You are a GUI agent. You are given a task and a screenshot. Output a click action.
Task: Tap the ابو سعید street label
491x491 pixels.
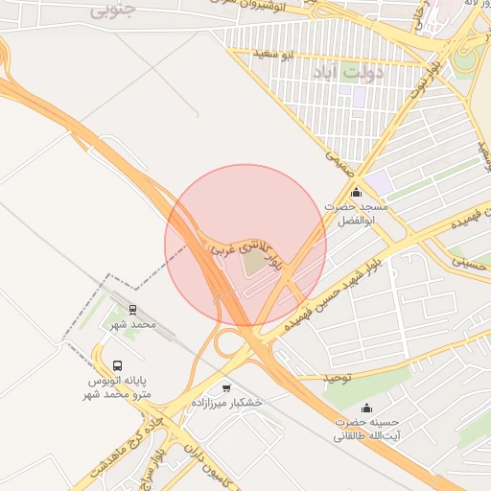coord(274,52)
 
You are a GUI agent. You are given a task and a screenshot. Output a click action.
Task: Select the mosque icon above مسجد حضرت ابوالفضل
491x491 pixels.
coord(357,192)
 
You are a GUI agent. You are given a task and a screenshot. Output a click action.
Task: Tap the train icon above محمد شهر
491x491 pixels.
coord(132,310)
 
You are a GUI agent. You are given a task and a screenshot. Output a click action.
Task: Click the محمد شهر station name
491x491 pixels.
coord(132,325)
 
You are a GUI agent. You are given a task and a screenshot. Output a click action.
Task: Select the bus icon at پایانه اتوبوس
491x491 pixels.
coord(117,365)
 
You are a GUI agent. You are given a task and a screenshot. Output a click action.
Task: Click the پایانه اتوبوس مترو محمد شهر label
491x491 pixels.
coord(117,387)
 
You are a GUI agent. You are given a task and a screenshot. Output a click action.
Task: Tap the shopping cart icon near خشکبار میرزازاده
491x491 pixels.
coord(226,387)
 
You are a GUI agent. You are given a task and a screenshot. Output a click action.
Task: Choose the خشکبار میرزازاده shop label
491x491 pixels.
coord(226,403)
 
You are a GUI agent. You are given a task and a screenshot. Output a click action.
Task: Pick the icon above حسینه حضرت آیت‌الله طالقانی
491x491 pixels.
coord(366,408)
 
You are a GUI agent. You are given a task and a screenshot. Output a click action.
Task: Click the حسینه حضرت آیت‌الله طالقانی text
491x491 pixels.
coord(366,429)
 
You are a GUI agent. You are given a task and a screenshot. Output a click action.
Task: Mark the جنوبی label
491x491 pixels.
coord(113,12)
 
